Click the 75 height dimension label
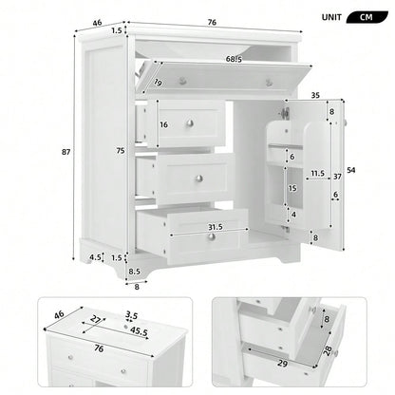tap(121, 149)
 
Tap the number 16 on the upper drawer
tap(163, 124)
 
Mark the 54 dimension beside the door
tap(350, 169)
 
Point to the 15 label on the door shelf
tap(293, 189)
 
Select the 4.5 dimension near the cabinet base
tap(96, 256)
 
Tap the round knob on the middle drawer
tap(198, 178)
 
